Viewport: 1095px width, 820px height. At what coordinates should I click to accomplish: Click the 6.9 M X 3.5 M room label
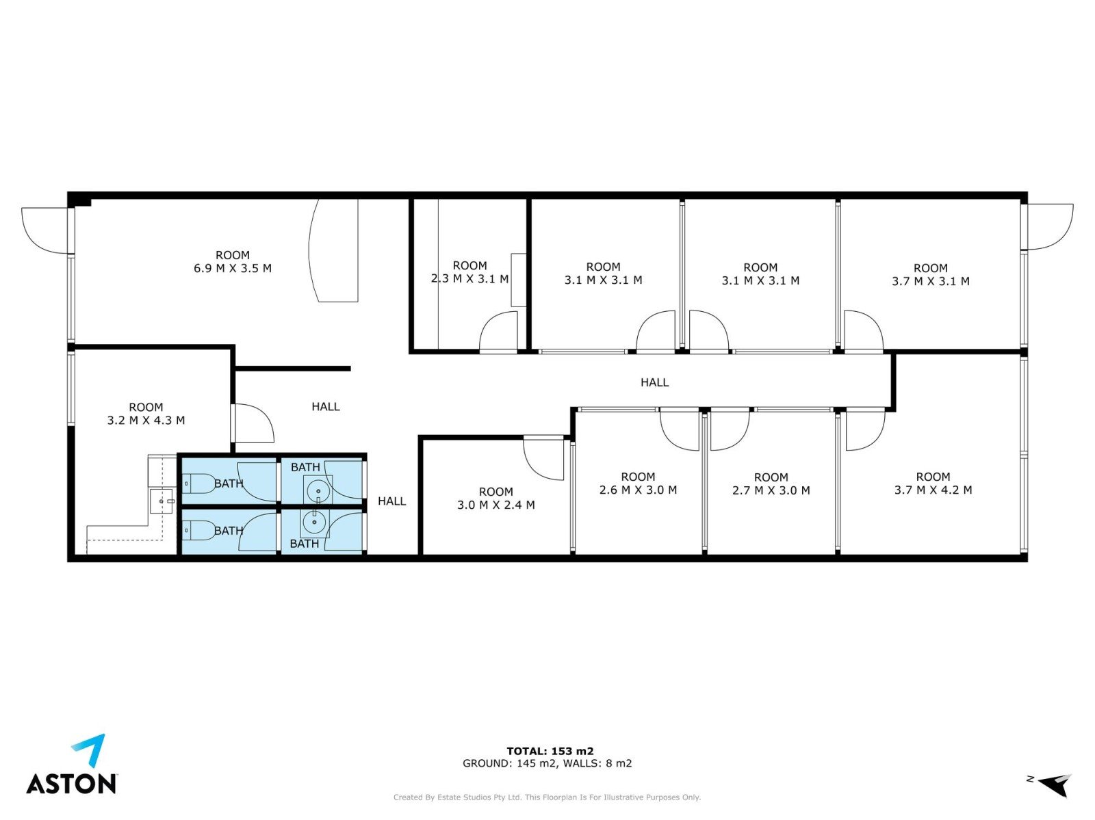click(233, 262)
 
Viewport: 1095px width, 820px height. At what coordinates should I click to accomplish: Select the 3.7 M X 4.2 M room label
click(933, 483)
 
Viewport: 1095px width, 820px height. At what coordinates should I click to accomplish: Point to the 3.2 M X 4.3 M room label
click(146, 414)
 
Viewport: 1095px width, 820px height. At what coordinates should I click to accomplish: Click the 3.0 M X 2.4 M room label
click(496, 499)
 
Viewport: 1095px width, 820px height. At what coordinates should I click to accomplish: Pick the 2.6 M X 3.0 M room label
click(638, 483)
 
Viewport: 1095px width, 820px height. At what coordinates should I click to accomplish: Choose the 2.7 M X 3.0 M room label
click(771, 484)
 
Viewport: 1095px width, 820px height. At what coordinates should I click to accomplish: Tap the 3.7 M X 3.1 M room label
click(930, 275)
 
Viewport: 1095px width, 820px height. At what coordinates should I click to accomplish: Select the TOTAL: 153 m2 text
click(550, 751)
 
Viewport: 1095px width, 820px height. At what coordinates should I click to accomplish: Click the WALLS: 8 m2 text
click(597, 763)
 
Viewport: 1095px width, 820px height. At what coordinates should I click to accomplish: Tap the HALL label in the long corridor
click(654, 382)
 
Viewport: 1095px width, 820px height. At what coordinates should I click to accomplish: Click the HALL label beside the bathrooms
click(391, 501)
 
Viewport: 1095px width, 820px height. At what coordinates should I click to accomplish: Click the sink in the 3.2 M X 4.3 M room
click(161, 501)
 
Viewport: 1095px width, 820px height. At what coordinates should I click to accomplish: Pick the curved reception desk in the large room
click(333, 250)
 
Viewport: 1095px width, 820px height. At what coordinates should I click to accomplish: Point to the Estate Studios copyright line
click(547, 797)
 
